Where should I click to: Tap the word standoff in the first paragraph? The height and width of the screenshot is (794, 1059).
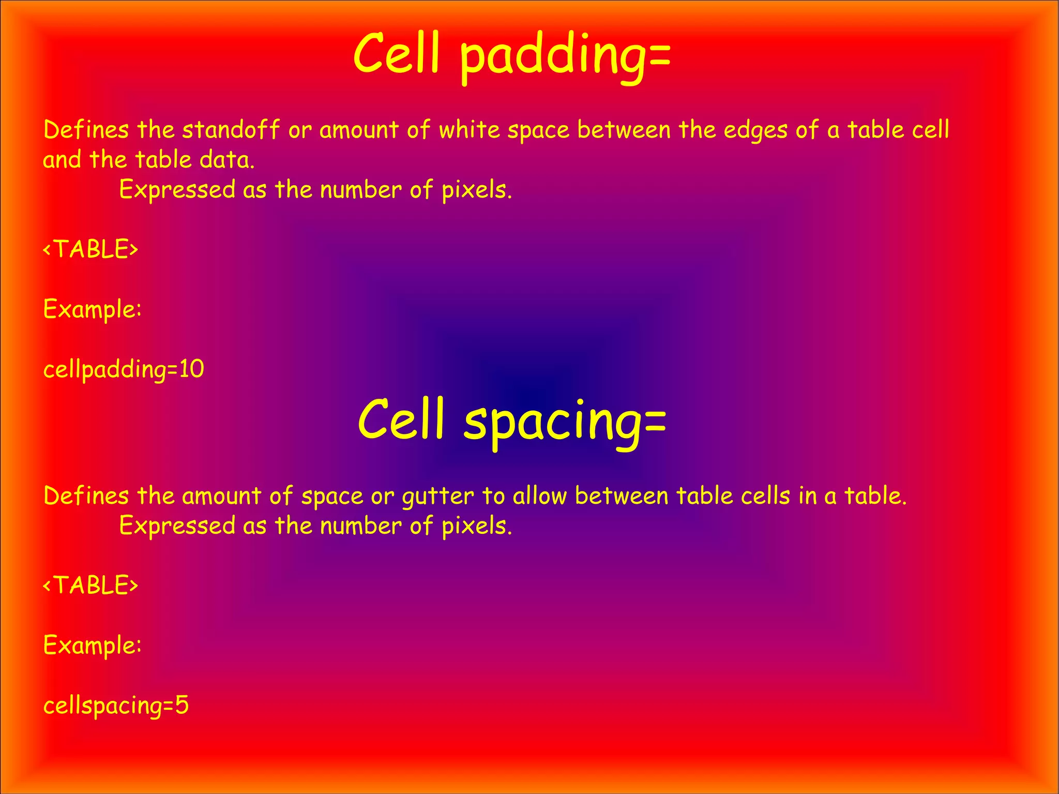(231, 129)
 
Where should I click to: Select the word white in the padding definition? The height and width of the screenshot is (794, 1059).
(470, 129)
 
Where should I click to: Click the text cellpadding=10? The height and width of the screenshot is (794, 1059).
(124, 370)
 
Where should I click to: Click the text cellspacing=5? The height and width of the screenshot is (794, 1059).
(116, 706)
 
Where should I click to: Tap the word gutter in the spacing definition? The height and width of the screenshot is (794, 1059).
(437, 497)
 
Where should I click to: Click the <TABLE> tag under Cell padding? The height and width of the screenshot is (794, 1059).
(90, 249)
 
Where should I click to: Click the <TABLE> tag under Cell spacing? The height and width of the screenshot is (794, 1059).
(90, 585)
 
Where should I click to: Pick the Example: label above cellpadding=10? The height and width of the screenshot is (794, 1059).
(92, 310)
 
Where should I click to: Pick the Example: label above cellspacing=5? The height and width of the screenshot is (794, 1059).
(92, 646)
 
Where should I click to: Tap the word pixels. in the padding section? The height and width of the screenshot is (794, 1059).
(476, 190)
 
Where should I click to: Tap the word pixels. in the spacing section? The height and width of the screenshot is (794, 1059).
(476, 526)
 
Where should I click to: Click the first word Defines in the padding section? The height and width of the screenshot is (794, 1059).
(86, 129)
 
